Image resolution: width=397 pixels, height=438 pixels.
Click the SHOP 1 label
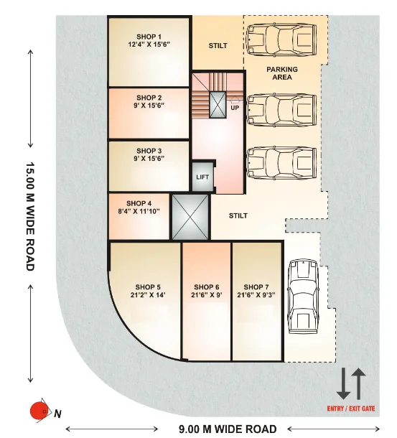tap(149, 36)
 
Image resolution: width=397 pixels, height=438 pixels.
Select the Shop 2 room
tap(149, 113)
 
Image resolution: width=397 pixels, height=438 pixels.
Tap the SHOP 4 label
tap(139, 203)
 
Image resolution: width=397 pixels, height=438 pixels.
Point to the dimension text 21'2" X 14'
tap(149, 295)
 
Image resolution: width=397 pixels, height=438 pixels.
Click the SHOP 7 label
tap(257, 286)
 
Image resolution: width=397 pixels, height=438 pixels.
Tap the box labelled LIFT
tap(202, 177)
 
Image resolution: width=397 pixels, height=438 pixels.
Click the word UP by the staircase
tap(235, 108)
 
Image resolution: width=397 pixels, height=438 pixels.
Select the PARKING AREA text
tap(282, 73)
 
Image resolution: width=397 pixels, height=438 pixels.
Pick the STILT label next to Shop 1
tap(218, 46)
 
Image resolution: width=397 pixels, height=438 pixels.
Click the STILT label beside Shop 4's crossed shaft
tap(238, 215)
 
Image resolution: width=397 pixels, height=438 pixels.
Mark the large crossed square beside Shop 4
tap(189, 216)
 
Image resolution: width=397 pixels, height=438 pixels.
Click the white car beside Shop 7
tap(302, 297)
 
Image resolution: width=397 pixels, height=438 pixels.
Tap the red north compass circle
tap(37, 411)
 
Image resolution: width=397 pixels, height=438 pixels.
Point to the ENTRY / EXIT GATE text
tap(351, 408)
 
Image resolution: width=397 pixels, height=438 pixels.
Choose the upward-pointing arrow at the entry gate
tap(359, 383)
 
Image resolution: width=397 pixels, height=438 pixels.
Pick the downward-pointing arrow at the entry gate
tap(343, 383)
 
